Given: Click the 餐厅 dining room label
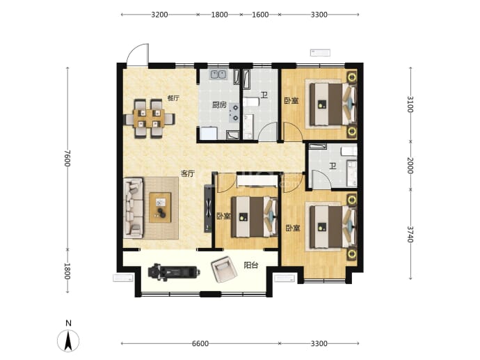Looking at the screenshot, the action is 173,98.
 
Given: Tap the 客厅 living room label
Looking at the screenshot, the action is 187,173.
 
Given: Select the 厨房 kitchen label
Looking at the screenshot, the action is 220,105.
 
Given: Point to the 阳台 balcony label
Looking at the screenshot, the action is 250,265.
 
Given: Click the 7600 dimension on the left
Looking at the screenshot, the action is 67,158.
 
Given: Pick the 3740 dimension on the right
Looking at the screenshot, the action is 410,235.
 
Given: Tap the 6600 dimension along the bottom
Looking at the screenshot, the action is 200,343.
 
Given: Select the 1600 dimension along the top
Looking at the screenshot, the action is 260,15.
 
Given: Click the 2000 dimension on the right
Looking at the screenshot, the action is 410,166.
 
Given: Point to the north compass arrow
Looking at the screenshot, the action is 68,341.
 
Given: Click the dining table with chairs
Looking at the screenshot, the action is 149,118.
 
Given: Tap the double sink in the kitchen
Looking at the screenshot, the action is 218,75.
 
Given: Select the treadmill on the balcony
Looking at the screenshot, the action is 174,272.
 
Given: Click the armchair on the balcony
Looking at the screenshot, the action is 225,269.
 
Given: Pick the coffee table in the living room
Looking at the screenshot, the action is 160,208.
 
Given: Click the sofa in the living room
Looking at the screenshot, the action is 133,208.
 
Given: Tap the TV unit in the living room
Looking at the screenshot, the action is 208,208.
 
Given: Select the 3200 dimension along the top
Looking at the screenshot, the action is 159,15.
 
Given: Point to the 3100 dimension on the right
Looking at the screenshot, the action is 410,104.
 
